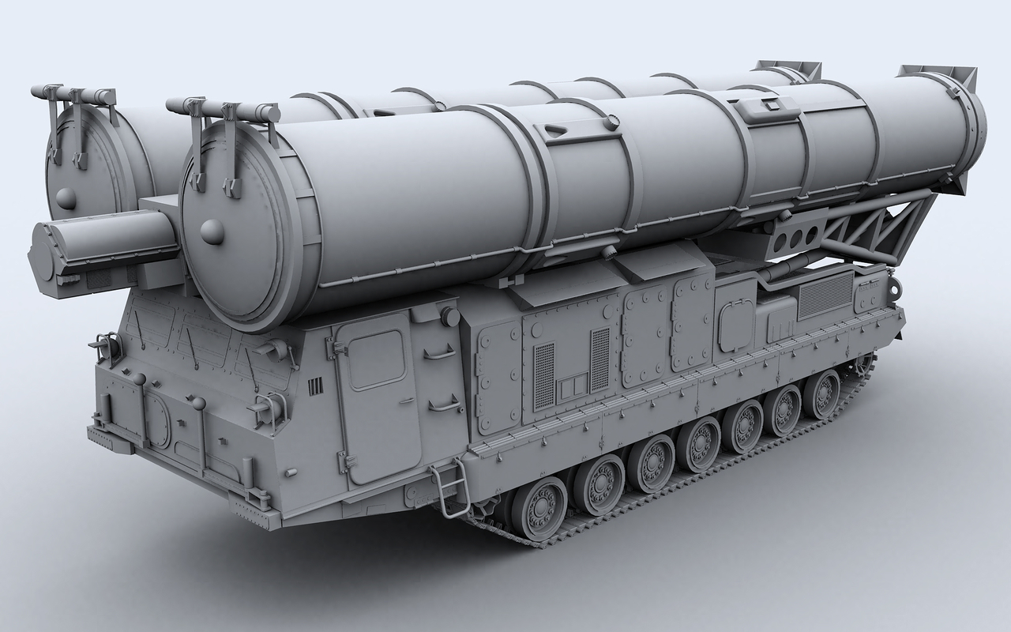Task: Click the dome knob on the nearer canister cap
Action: [212, 230]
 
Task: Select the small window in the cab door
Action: [377, 359]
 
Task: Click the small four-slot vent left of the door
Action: [316, 386]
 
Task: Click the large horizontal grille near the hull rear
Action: [825, 296]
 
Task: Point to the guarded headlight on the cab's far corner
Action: [106, 345]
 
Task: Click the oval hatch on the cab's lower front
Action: [156, 419]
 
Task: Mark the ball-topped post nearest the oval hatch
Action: [197, 404]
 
